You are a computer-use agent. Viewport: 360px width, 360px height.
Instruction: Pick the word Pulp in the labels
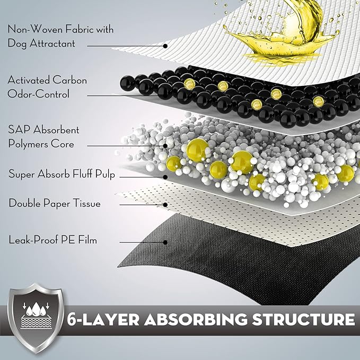tap(104, 174)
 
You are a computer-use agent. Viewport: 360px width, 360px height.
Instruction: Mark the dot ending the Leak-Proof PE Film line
tap(166, 242)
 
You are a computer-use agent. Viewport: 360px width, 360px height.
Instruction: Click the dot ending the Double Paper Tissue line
tap(166, 204)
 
